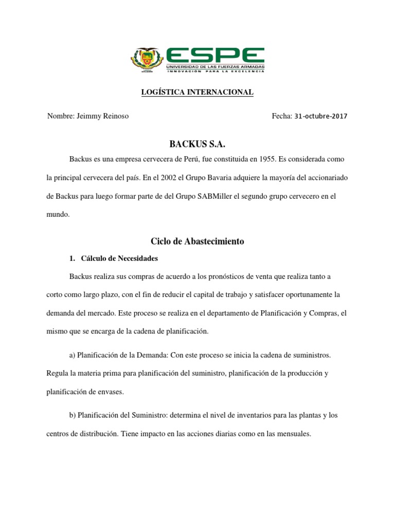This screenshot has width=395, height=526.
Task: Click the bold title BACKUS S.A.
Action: (x=197, y=146)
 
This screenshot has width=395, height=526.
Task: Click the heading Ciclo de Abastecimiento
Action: (x=197, y=241)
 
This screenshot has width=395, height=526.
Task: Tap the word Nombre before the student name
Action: (x=61, y=116)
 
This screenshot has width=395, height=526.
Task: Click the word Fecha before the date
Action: (x=282, y=116)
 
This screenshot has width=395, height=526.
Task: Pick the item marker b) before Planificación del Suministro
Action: (x=73, y=415)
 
